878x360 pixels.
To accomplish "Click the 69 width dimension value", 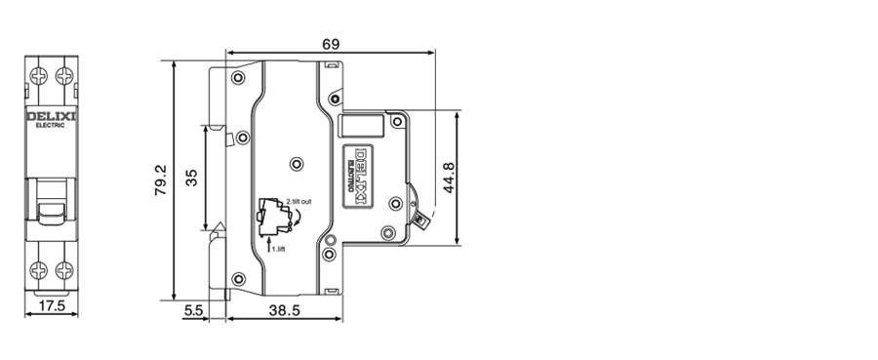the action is point(331,44).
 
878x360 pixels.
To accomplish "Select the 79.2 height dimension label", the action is point(161,180).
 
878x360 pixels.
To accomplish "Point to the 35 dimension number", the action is point(191,178).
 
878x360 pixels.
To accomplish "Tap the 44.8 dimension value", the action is point(449,178).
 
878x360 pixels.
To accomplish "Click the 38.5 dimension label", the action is point(285,310).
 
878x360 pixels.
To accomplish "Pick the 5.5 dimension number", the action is point(193,310).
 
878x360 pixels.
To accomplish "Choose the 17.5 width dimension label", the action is point(52,305).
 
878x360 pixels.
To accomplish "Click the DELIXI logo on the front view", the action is point(52,116).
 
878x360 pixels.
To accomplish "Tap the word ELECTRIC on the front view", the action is point(51,126).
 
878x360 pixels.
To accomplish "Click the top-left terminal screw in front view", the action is point(39,75).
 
